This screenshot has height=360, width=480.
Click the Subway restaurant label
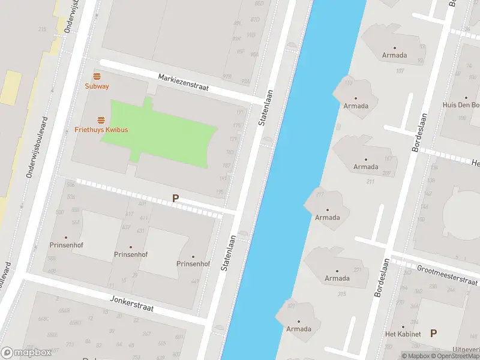97,86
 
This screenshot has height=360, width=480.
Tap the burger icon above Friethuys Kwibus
101,120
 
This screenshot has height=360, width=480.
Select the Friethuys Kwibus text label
101,130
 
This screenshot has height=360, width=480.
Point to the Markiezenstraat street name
183,82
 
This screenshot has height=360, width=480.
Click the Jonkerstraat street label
132,304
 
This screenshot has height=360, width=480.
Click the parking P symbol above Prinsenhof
175,198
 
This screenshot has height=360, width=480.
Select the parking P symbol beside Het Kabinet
434,333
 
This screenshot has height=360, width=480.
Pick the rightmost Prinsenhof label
193,263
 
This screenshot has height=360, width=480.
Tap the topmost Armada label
394,55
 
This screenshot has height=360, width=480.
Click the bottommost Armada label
298,329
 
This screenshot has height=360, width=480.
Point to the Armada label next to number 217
328,217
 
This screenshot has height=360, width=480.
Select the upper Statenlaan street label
266,107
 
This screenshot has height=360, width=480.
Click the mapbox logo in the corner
26,353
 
